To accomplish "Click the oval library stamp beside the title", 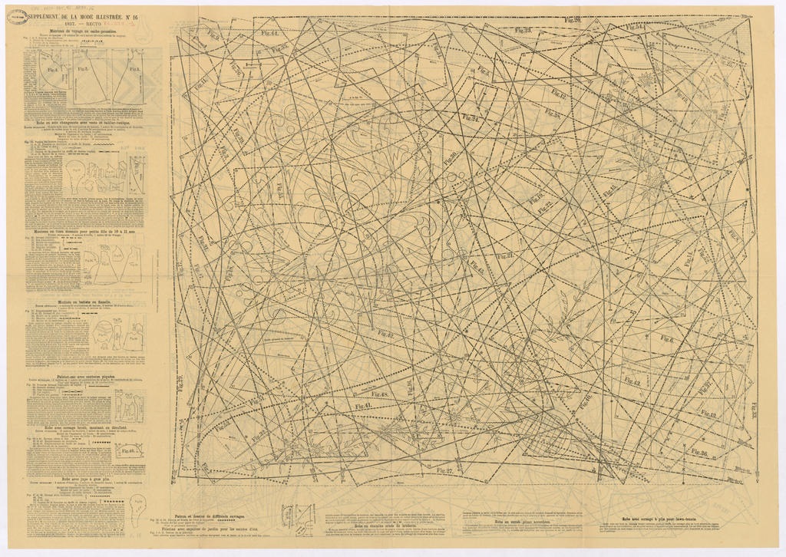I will (x=17, y=16).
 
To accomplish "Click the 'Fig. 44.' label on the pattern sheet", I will (x=269, y=34).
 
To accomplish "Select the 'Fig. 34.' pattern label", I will (x=470, y=118).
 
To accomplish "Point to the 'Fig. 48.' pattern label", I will (x=381, y=394).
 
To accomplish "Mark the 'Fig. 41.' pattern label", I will (x=362, y=407).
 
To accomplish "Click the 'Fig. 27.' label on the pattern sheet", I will (x=444, y=470).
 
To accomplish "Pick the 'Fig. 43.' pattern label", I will (x=632, y=381).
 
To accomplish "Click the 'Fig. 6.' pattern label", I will (x=666, y=339).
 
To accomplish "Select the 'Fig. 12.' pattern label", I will (x=558, y=95).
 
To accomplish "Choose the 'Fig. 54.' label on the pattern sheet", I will (x=634, y=28).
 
